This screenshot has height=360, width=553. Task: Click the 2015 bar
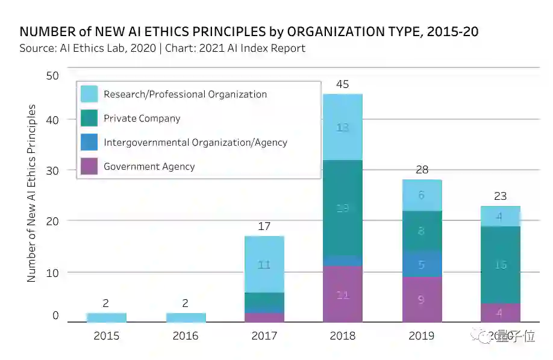tap(106, 317)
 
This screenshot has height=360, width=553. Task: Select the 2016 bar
tap(186, 317)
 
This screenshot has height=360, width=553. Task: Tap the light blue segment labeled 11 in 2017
tap(264, 264)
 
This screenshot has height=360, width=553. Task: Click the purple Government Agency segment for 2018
tap(343, 294)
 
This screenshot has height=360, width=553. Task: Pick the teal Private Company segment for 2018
tap(343, 208)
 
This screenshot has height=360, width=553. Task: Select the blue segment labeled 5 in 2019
tap(422, 264)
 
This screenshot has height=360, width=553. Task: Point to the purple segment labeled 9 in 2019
tap(422, 299)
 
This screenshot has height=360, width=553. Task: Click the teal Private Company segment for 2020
tap(501, 265)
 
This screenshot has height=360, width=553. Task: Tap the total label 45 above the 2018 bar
tap(343, 84)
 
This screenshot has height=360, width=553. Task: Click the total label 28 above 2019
tap(422, 170)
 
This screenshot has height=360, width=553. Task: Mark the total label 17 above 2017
tap(264, 226)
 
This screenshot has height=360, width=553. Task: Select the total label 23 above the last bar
tap(500, 196)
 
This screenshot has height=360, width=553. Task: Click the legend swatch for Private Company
tap(89, 118)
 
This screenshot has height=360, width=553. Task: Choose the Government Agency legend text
tap(149, 167)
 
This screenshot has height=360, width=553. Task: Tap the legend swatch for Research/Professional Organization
tap(89, 94)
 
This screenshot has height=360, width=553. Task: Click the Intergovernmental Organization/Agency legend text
tap(195, 143)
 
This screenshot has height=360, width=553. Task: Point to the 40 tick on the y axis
tap(52, 120)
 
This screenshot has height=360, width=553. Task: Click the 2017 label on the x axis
tap(264, 336)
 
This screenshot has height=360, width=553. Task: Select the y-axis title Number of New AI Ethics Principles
tap(32, 193)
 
